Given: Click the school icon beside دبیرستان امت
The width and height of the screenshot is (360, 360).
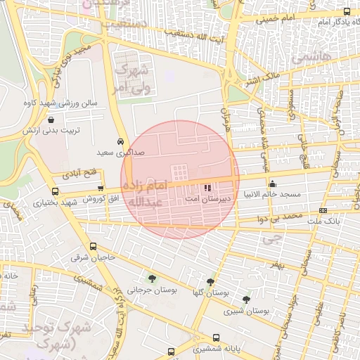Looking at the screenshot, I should pyautogui.click(x=207, y=188).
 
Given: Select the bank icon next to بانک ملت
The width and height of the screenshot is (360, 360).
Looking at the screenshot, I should pyautogui.click(x=323, y=210).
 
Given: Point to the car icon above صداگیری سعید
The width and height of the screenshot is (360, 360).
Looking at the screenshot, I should pyautogui.click(x=121, y=140).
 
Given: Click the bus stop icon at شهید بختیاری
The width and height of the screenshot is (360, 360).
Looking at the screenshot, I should pyautogui.click(x=56, y=191).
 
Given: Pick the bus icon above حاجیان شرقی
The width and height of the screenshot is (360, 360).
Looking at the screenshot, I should pyautogui.click(x=94, y=246).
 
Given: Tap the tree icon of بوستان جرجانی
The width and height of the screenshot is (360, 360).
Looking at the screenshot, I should pyautogui.click(x=152, y=279).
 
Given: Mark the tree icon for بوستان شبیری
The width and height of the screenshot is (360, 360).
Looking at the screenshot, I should pyautogui.click(x=246, y=300).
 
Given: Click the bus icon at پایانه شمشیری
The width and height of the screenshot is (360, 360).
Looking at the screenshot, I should pyautogui.click(x=216, y=337).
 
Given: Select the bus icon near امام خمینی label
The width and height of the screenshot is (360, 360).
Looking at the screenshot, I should pyautogui.click(x=347, y=11).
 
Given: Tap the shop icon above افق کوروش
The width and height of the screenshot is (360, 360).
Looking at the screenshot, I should pyautogui.click(x=101, y=188).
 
